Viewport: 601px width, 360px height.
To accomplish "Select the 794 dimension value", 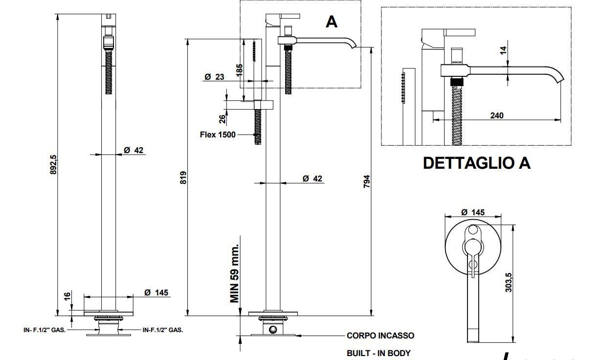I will point(367,181).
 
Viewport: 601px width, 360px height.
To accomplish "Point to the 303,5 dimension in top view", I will point(509,282).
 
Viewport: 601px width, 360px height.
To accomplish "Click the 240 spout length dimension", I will point(496,115).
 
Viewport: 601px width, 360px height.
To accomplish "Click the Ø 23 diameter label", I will point(214,77).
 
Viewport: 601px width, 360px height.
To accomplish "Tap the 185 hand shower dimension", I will point(239,69).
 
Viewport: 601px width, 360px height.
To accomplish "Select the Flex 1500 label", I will point(218,135).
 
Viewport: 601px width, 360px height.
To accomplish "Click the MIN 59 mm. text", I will point(235,272).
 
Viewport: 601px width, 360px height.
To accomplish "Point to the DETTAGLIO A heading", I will point(476,163).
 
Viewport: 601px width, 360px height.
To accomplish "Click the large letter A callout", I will point(332,22).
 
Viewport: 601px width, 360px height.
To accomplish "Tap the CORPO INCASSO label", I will point(380,336).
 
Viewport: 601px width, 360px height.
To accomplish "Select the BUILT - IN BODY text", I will point(378,353).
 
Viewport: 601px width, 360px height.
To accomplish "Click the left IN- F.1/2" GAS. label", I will point(45,330).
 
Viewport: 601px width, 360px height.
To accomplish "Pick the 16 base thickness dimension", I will point(67,297).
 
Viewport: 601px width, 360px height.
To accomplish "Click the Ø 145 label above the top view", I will point(473,212).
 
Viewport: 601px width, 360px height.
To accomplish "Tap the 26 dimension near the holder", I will point(223,118).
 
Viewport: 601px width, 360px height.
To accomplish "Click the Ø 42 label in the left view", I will point(134,150).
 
